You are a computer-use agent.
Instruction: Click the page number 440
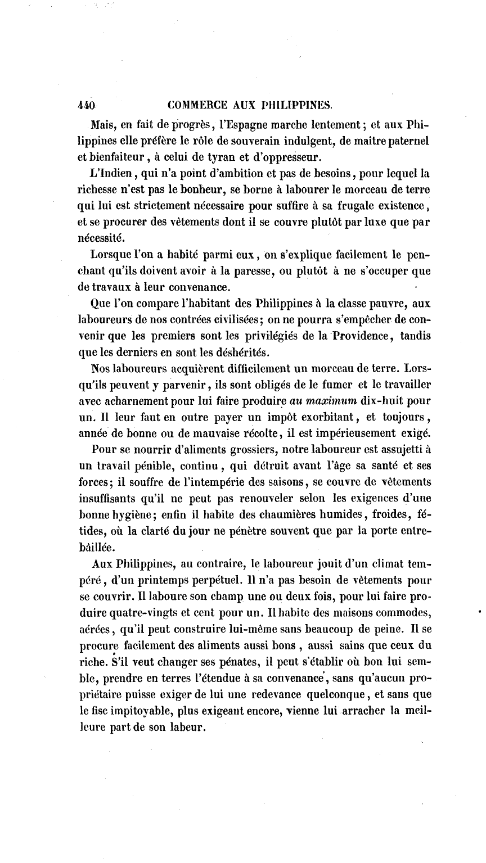(87, 105)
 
